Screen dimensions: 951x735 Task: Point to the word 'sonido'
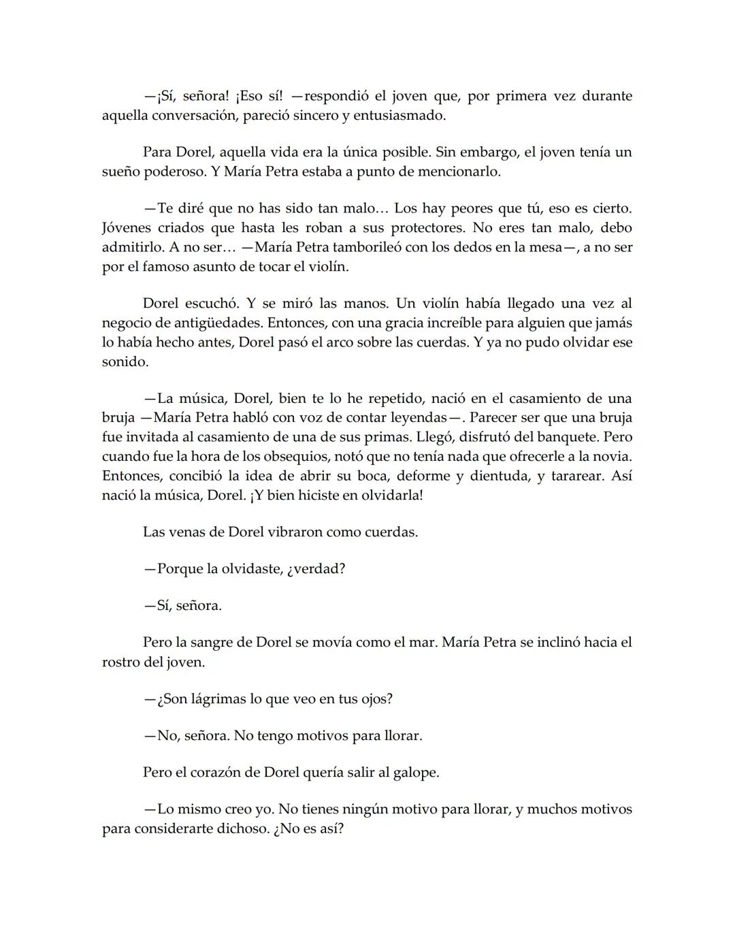(x=125, y=361)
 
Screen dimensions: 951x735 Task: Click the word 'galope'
(x=416, y=773)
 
